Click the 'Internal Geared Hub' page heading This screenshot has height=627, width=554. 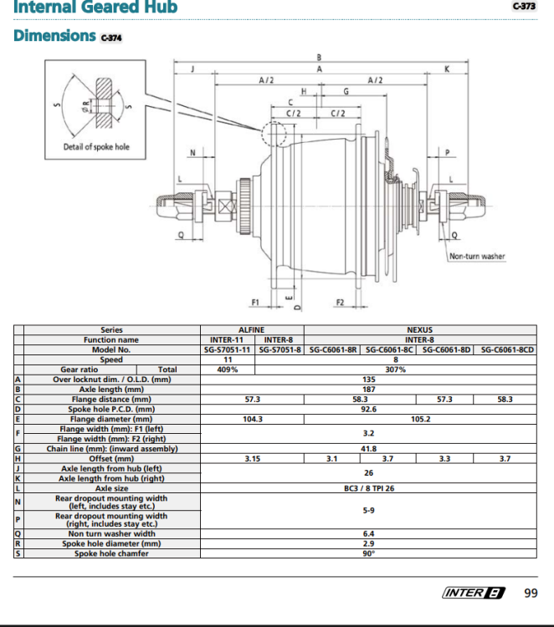pyautogui.click(x=95, y=7)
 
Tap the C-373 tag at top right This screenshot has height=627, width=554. pyautogui.click(x=524, y=6)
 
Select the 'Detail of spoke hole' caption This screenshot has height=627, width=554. pyautogui.click(x=96, y=147)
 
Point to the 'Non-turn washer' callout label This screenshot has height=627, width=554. pyautogui.click(x=477, y=256)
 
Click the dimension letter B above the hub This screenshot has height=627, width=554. pyautogui.click(x=319, y=58)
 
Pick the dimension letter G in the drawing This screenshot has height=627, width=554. pyautogui.click(x=346, y=92)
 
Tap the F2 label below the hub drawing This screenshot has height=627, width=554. pyautogui.click(x=340, y=303)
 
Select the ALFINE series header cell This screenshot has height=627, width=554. pyautogui.click(x=251, y=330)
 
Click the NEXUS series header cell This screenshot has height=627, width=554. pyautogui.click(x=420, y=330)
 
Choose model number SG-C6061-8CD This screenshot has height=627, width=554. pyautogui.click(x=507, y=350)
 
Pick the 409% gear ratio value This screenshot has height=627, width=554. pyautogui.click(x=228, y=370)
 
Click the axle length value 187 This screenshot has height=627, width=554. pyautogui.click(x=369, y=390)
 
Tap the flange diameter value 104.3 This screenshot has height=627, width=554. pyautogui.click(x=253, y=419)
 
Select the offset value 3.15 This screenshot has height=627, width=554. pyautogui.click(x=253, y=459)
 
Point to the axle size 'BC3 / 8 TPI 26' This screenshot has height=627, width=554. pyautogui.click(x=369, y=488)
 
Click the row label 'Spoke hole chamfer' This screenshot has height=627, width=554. pyautogui.click(x=111, y=553)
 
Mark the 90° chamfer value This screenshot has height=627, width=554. pyautogui.click(x=369, y=553)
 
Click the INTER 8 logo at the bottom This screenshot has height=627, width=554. pyautogui.click(x=474, y=593)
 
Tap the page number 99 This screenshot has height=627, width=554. pyautogui.click(x=531, y=593)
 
